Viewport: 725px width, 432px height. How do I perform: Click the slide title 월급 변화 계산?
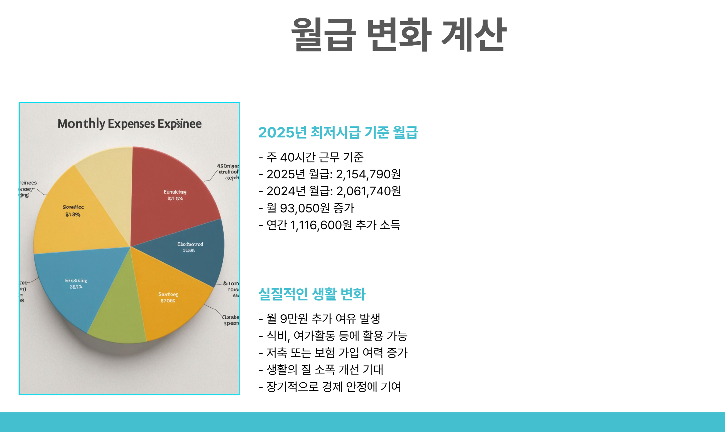click(398, 34)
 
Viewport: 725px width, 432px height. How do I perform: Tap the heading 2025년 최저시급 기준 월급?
click(338, 132)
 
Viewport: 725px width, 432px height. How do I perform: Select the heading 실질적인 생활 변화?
click(312, 294)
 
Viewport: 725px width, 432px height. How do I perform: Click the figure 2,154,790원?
click(368, 174)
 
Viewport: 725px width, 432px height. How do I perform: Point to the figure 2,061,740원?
click(368, 191)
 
